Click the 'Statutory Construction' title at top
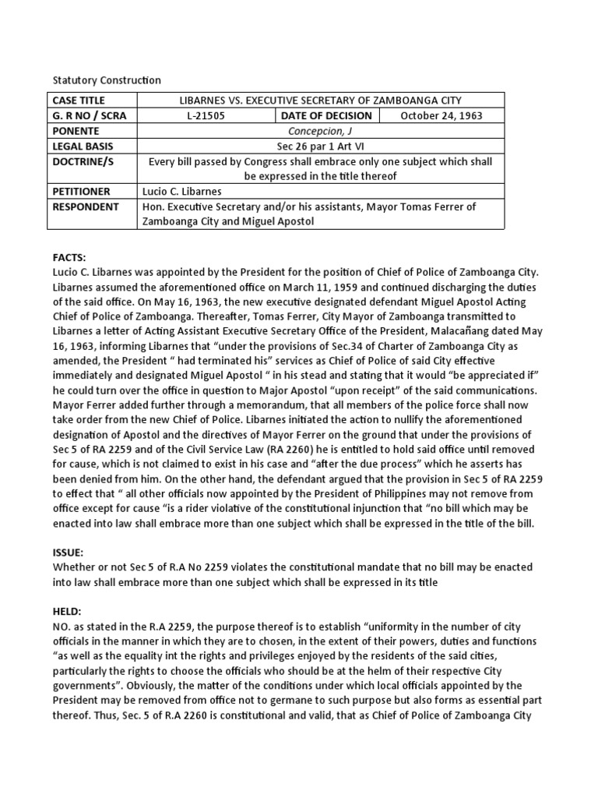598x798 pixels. [106, 80]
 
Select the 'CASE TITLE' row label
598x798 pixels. [78, 101]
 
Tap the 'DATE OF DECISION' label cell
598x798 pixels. [325, 116]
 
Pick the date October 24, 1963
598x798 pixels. [441, 116]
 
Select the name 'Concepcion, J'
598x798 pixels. [320, 131]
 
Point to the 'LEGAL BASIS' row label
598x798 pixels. [80, 146]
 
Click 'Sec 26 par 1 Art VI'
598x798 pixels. [320, 146]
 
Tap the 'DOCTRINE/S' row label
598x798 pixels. [81, 161]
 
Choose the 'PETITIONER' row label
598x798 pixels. [81, 191]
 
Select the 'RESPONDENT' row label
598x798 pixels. [85, 207]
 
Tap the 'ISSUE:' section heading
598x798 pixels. [68, 553]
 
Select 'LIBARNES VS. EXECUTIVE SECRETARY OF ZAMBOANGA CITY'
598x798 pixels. [320, 101]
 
